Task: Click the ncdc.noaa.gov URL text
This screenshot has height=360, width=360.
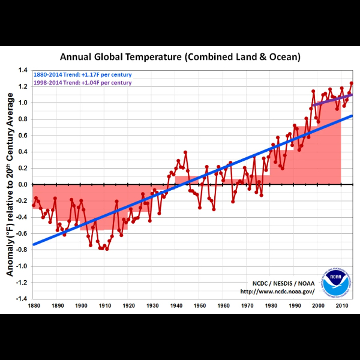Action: point(277,292)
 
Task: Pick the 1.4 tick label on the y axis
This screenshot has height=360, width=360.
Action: point(23,70)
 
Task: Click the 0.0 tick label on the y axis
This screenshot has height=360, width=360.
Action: point(23,184)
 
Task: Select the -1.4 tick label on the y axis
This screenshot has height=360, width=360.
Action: point(22,298)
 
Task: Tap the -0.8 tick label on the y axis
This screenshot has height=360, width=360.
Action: point(22,250)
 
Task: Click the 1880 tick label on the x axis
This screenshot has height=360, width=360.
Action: point(34,306)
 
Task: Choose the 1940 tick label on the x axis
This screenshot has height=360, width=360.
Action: point(175,306)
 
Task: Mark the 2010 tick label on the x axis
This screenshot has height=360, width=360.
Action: point(341,306)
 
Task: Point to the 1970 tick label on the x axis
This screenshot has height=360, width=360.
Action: point(246,306)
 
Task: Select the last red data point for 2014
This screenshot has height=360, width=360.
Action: point(352,83)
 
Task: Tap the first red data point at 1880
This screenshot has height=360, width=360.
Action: point(34,205)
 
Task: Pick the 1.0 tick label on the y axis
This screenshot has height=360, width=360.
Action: point(23,103)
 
